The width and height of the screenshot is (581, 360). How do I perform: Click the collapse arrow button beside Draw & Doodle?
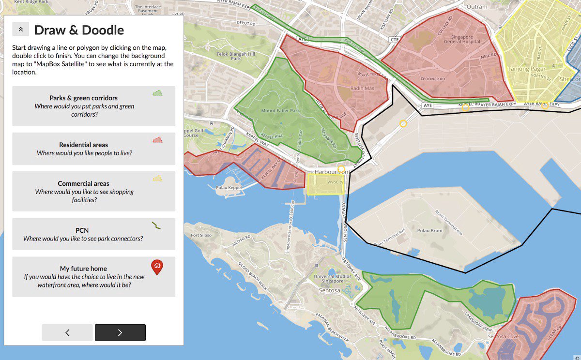[x=20, y=30]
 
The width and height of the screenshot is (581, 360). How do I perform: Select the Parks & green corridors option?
[x=93, y=106]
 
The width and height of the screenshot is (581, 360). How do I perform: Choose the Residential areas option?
[x=93, y=149]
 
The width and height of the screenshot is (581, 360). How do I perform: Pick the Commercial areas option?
[x=93, y=191]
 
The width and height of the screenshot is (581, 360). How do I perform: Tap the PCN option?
[x=93, y=234]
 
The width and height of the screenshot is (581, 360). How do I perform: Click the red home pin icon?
[x=157, y=267]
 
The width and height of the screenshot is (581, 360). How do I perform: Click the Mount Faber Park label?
[x=281, y=111]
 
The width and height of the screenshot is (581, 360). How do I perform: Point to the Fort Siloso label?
[x=201, y=236]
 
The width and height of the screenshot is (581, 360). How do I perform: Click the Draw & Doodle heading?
[x=79, y=30]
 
